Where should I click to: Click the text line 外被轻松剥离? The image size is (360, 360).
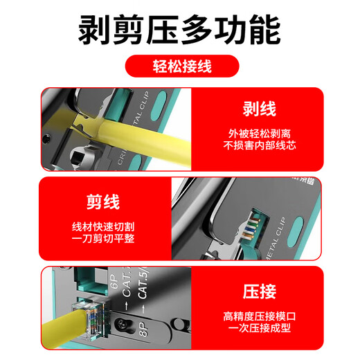click(260, 133)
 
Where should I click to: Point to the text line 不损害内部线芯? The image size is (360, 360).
click(260, 146)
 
